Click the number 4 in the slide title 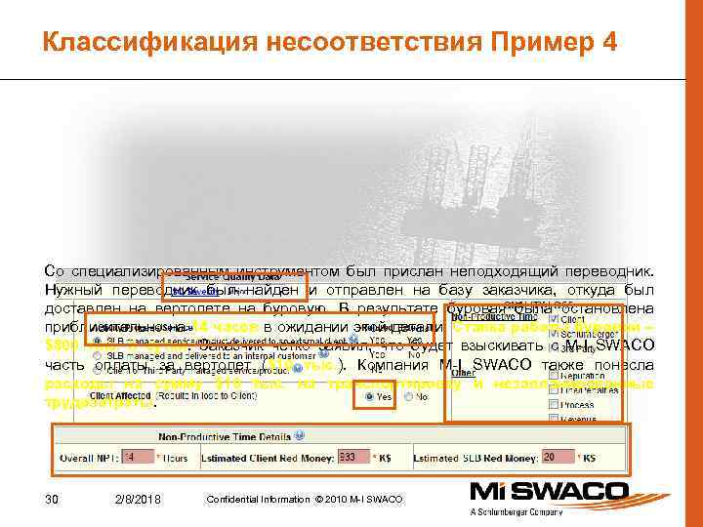[609, 42]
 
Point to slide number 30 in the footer [54, 500]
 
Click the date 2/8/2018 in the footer [137, 500]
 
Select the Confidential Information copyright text [304, 500]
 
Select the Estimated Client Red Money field [349, 456]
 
